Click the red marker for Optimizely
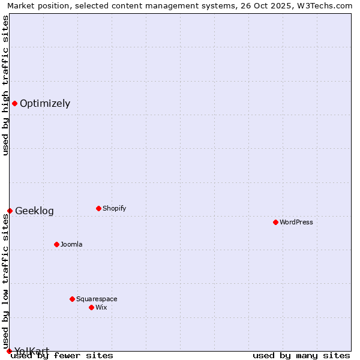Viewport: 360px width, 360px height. tap(14, 103)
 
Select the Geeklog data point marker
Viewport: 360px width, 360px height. tap(10, 211)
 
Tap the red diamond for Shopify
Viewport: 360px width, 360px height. tap(98, 208)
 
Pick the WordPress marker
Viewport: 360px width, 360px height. tap(275, 222)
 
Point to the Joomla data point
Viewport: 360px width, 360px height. tap(56, 244)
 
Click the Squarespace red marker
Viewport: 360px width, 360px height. tap(72, 299)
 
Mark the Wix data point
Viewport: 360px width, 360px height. tap(91, 307)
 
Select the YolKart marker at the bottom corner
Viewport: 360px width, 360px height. tap(9, 351)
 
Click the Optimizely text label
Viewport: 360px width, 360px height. tap(45, 103)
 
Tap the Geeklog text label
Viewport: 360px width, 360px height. tap(34, 211)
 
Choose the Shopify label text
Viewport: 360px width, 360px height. tap(114, 208)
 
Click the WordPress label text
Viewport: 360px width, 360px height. tap(296, 222)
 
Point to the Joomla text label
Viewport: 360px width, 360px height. tap(71, 244)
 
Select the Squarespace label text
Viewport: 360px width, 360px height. tap(97, 299)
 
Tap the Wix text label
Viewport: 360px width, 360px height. tap(101, 307)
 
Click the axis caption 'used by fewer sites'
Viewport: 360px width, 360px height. tap(62, 355)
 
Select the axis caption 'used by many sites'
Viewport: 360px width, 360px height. tap(301, 355)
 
